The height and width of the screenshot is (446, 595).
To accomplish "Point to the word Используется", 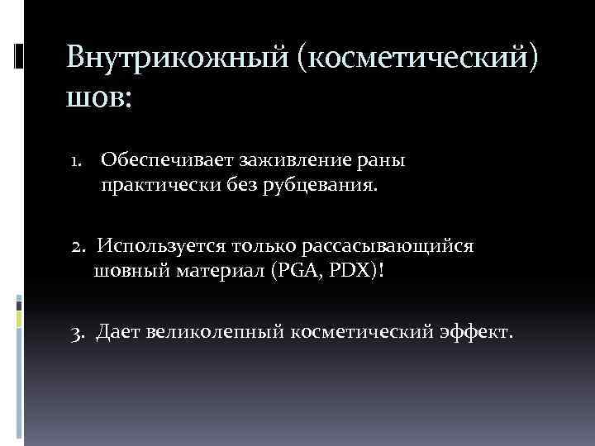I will tap(157, 246).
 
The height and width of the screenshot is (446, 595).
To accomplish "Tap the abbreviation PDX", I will tap(354, 272).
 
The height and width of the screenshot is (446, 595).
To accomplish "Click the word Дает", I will tap(118, 332).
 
